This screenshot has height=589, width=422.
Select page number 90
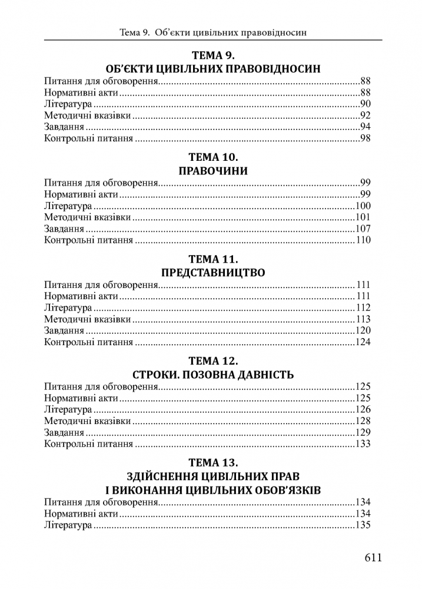[365, 104]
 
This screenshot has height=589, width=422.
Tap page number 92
[365, 115]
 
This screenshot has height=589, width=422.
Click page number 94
[365, 127]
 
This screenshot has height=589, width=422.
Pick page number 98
[365, 139]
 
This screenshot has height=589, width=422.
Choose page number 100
[363, 206]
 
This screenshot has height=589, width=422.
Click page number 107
[363, 229]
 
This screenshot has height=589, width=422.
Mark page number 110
[363, 240]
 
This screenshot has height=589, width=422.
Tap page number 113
[363, 319]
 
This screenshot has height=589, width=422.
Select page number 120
[363, 330]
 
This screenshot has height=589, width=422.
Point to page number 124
[363, 342]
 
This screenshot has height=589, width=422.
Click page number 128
[363, 421]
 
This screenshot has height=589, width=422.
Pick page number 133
[363, 444]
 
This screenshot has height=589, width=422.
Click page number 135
[363, 525]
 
